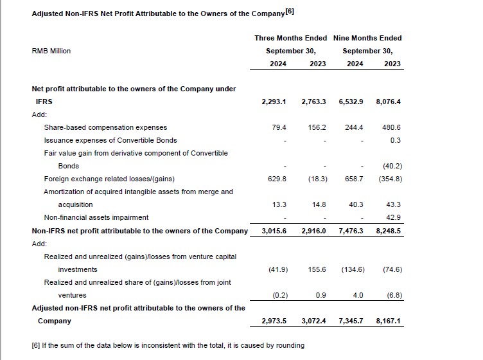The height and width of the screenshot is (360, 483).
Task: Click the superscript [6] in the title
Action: click(290, 12)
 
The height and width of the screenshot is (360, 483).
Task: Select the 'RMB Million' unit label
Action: click(51, 51)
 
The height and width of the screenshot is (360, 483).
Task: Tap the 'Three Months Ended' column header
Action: click(290, 38)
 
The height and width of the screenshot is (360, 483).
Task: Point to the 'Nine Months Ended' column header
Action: click(367, 38)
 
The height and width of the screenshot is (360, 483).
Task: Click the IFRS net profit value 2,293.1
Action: click(274, 102)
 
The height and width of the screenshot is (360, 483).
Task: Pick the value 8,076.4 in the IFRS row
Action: click(388, 102)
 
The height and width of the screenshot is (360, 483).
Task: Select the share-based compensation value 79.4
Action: click(279, 127)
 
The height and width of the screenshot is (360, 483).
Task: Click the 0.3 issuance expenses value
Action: click(396, 140)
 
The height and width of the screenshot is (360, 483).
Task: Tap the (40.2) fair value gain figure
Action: click(392, 166)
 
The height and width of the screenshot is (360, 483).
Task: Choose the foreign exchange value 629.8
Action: click(277, 179)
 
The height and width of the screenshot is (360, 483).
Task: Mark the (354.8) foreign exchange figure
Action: click(391, 179)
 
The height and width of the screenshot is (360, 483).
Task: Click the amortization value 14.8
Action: click(319, 204)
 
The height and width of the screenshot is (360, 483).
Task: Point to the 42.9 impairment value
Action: click(393, 217)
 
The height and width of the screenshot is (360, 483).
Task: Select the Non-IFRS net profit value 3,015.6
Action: click(274, 231)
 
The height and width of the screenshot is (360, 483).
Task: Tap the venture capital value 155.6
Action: click(317, 269)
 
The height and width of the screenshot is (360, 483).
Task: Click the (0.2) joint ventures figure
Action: click(280, 295)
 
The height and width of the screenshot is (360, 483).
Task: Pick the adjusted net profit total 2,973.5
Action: click(274, 321)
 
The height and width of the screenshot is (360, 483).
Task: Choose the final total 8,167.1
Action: click(388, 321)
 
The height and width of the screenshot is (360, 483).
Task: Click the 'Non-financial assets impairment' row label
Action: click(96, 217)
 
